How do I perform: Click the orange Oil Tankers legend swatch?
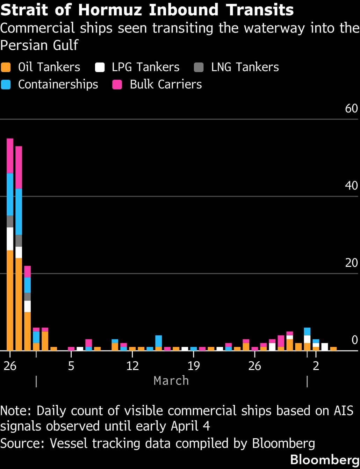click(6, 67)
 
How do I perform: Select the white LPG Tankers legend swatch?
click(100, 67)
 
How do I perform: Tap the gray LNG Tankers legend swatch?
click(199, 67)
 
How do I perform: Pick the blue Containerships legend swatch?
click(6, 85)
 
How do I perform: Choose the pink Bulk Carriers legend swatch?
click(117, 85)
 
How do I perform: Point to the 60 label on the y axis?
click(351, 108)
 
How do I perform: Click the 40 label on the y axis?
click(351, 185)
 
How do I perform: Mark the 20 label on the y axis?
click(351, 263)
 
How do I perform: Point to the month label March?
click(171, 381)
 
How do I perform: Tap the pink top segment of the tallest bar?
click(10, 156)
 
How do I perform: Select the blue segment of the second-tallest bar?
click(19, 212)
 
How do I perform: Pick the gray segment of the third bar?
click(28, 297)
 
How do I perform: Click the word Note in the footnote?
click(16, 411)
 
